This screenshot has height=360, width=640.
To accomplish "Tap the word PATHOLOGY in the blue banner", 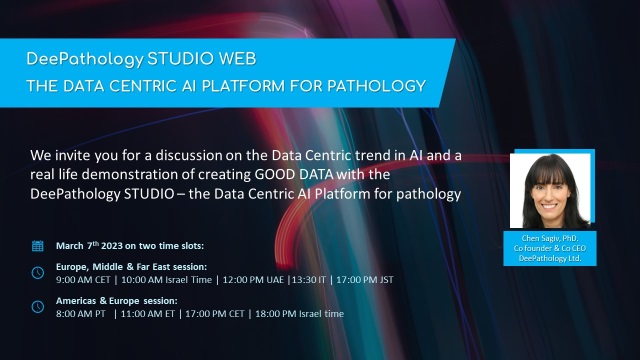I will pyautogui.click(x=376, y=84).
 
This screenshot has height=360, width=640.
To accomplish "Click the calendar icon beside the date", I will pyautogui.click(x=38, y=245).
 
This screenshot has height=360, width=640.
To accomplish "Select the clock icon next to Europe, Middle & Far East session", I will pyautogui.click(x=38, y=273).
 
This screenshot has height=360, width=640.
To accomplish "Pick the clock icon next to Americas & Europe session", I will pyautogui.click(x=38, y=306).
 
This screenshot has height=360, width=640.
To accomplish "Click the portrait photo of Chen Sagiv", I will pyautogui.click(x=552, y=191).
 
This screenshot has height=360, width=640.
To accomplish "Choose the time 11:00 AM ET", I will pyautogui.click(x=154, y=313).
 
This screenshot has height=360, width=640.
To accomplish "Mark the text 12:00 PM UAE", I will pyautogui.click(x=268, y=280).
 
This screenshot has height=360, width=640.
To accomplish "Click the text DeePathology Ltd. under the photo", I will pyautogui.click(x=552, y=257).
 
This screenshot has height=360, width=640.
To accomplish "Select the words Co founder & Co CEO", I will pyautogui.click(x=552, y=248).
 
